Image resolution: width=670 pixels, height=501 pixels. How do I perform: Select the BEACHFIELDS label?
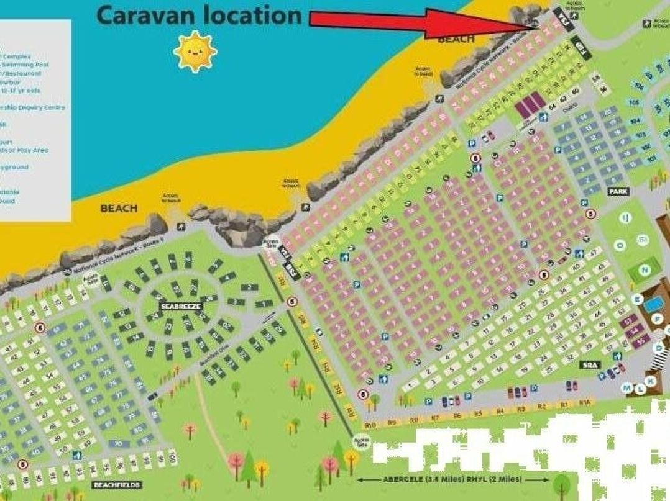pos(117,484)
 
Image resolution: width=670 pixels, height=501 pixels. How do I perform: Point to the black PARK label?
pos(618,192)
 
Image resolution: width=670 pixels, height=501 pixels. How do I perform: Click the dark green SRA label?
pos(589,365)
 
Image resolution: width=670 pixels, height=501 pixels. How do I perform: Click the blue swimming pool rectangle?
pos(653,305)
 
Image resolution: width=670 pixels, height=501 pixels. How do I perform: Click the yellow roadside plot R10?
pos(371,425)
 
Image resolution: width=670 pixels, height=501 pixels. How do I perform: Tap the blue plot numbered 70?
pos(118,444)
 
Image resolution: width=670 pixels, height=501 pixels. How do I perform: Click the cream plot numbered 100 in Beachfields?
pos(172,458)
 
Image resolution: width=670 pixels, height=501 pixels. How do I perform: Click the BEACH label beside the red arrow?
pos(456,39)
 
